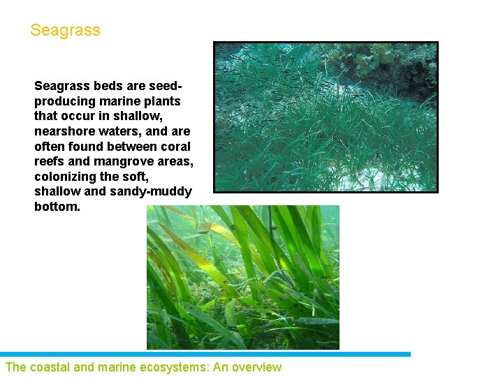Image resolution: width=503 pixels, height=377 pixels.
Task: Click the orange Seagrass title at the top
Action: click(x=65, y=31)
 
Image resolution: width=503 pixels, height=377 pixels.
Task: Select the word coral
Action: click(x=175, y=147)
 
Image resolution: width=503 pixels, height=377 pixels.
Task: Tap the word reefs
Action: click(x=50, y=161)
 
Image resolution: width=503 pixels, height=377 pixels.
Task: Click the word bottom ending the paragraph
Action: click(x=56, y=207)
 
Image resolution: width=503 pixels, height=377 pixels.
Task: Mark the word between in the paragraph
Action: click(x=131, y=147)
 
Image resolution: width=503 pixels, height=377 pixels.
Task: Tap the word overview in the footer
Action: click(x=256, y=367)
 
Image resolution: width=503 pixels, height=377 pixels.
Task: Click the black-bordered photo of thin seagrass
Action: click(x=326, y=117)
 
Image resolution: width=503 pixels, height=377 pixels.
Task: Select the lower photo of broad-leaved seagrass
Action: click(x=242, y=277)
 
